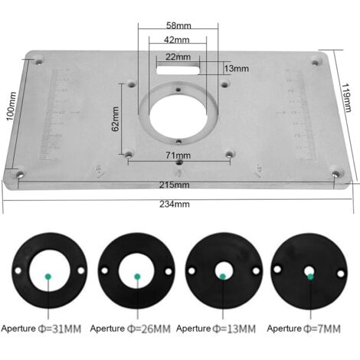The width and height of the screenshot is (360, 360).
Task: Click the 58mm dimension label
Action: coord(178,25)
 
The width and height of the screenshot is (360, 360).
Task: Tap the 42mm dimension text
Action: coord(177,40)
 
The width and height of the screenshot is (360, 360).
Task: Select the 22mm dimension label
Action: coord(178,57)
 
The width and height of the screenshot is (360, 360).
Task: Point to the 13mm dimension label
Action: coord(236,68)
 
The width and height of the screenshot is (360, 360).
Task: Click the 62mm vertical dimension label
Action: coord(116,119)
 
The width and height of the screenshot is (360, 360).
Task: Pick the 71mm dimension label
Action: coord(178,155)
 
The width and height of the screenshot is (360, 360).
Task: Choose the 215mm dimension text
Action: coord(175,185)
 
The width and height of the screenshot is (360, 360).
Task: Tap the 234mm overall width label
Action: coord(175,205)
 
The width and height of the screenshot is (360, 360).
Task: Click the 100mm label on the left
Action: coord(11,106)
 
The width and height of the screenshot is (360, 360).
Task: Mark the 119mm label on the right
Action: coord(347,97)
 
